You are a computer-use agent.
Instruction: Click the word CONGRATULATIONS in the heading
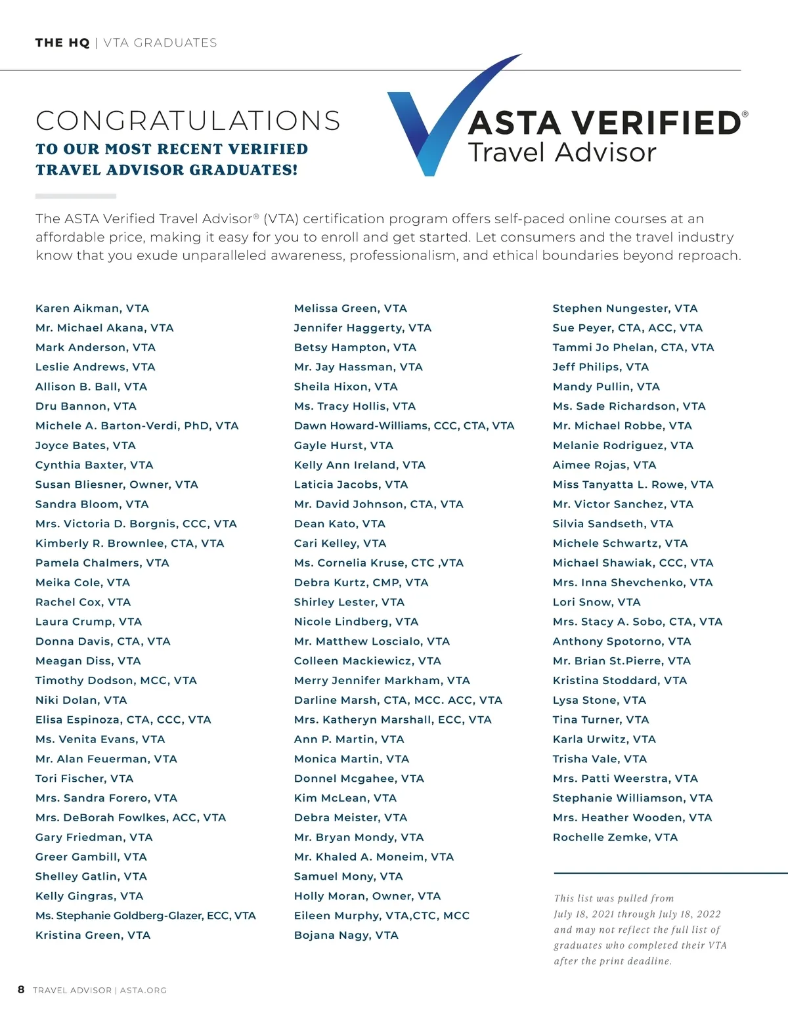point(188,121)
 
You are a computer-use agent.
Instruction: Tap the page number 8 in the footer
point(21,989)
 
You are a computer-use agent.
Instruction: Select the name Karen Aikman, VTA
point(92,308)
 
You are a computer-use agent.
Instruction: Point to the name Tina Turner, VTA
point(600,720)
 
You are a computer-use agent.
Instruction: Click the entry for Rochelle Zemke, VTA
point(615,837)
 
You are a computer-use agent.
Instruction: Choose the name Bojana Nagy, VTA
point(346,935)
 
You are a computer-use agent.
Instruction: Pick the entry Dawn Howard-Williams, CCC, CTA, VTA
point(404,425)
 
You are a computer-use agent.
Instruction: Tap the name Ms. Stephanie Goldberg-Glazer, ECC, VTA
point(145,915)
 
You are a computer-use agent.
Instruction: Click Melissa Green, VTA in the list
point(350,308)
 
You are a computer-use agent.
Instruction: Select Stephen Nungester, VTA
point(624,308)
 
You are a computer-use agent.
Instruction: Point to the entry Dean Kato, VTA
point(339,523)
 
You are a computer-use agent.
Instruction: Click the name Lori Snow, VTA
point(596,601)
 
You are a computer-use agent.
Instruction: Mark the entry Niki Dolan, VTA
point(81,700)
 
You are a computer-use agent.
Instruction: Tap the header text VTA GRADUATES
point(160,43)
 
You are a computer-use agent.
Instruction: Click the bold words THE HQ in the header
point(62,43)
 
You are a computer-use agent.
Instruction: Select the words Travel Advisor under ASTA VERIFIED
point(561,152)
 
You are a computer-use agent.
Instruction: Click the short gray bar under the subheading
point(76,196)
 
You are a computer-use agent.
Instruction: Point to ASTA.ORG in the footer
point(143,990)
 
